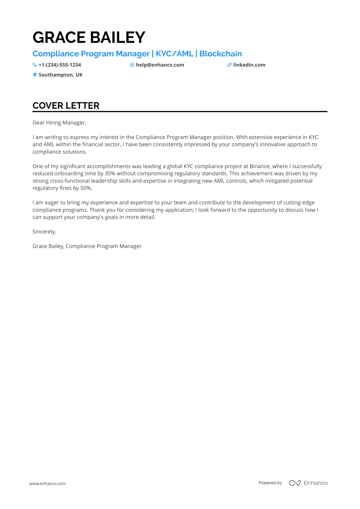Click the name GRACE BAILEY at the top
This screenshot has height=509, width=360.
coord(89,38)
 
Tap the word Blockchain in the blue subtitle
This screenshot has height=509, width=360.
coord(221,54)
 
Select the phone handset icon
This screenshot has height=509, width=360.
coord(35,65)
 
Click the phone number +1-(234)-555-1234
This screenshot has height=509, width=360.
coord(60,65)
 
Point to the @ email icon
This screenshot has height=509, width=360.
coord(132,65)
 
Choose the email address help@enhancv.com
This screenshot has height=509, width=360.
coord(160,65)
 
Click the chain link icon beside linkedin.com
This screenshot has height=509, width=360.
coord(229,65)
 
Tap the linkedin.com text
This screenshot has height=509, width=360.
coord(249,65)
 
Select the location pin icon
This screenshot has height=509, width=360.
coord(35,75)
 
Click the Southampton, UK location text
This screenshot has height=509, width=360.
coord(61,75)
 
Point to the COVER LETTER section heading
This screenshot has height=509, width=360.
coord(66,106)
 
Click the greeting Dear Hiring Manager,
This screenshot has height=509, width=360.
coord(59,123)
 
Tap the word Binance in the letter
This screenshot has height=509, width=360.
coord(260,166)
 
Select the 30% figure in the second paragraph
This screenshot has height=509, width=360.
coord(110,173)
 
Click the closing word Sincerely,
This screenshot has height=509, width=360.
coord(44,232)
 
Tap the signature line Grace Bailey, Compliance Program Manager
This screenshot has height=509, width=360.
coord(87,246)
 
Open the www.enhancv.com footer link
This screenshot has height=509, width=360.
coord(47,483)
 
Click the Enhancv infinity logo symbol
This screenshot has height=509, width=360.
coord(295,483)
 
